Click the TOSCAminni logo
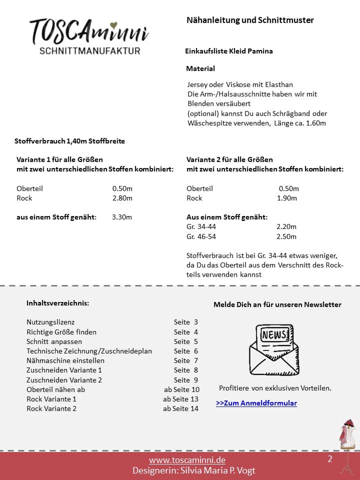tap(89, 36)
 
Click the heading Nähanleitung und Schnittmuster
tap(250, 20)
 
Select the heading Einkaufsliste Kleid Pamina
tap(229, 51)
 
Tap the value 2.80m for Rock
tap(122, 198)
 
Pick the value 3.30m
tap(122, 217)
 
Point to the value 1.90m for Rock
tap(287, 198)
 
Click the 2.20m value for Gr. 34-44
tap(286, 226)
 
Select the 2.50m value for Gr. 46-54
tap(286, 236)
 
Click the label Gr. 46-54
tap(201, 236)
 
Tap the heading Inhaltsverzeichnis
tap(58, 303)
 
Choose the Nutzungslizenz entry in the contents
tap(50, 322)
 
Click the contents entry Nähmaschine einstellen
tap(65, 360)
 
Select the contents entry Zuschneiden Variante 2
tap(64, 380)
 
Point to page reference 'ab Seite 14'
tap(180, 408)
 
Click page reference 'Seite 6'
tap(186, 351)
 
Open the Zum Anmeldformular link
tap(256, 403)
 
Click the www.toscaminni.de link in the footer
tap(187, 460)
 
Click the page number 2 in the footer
tap(330, 459)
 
